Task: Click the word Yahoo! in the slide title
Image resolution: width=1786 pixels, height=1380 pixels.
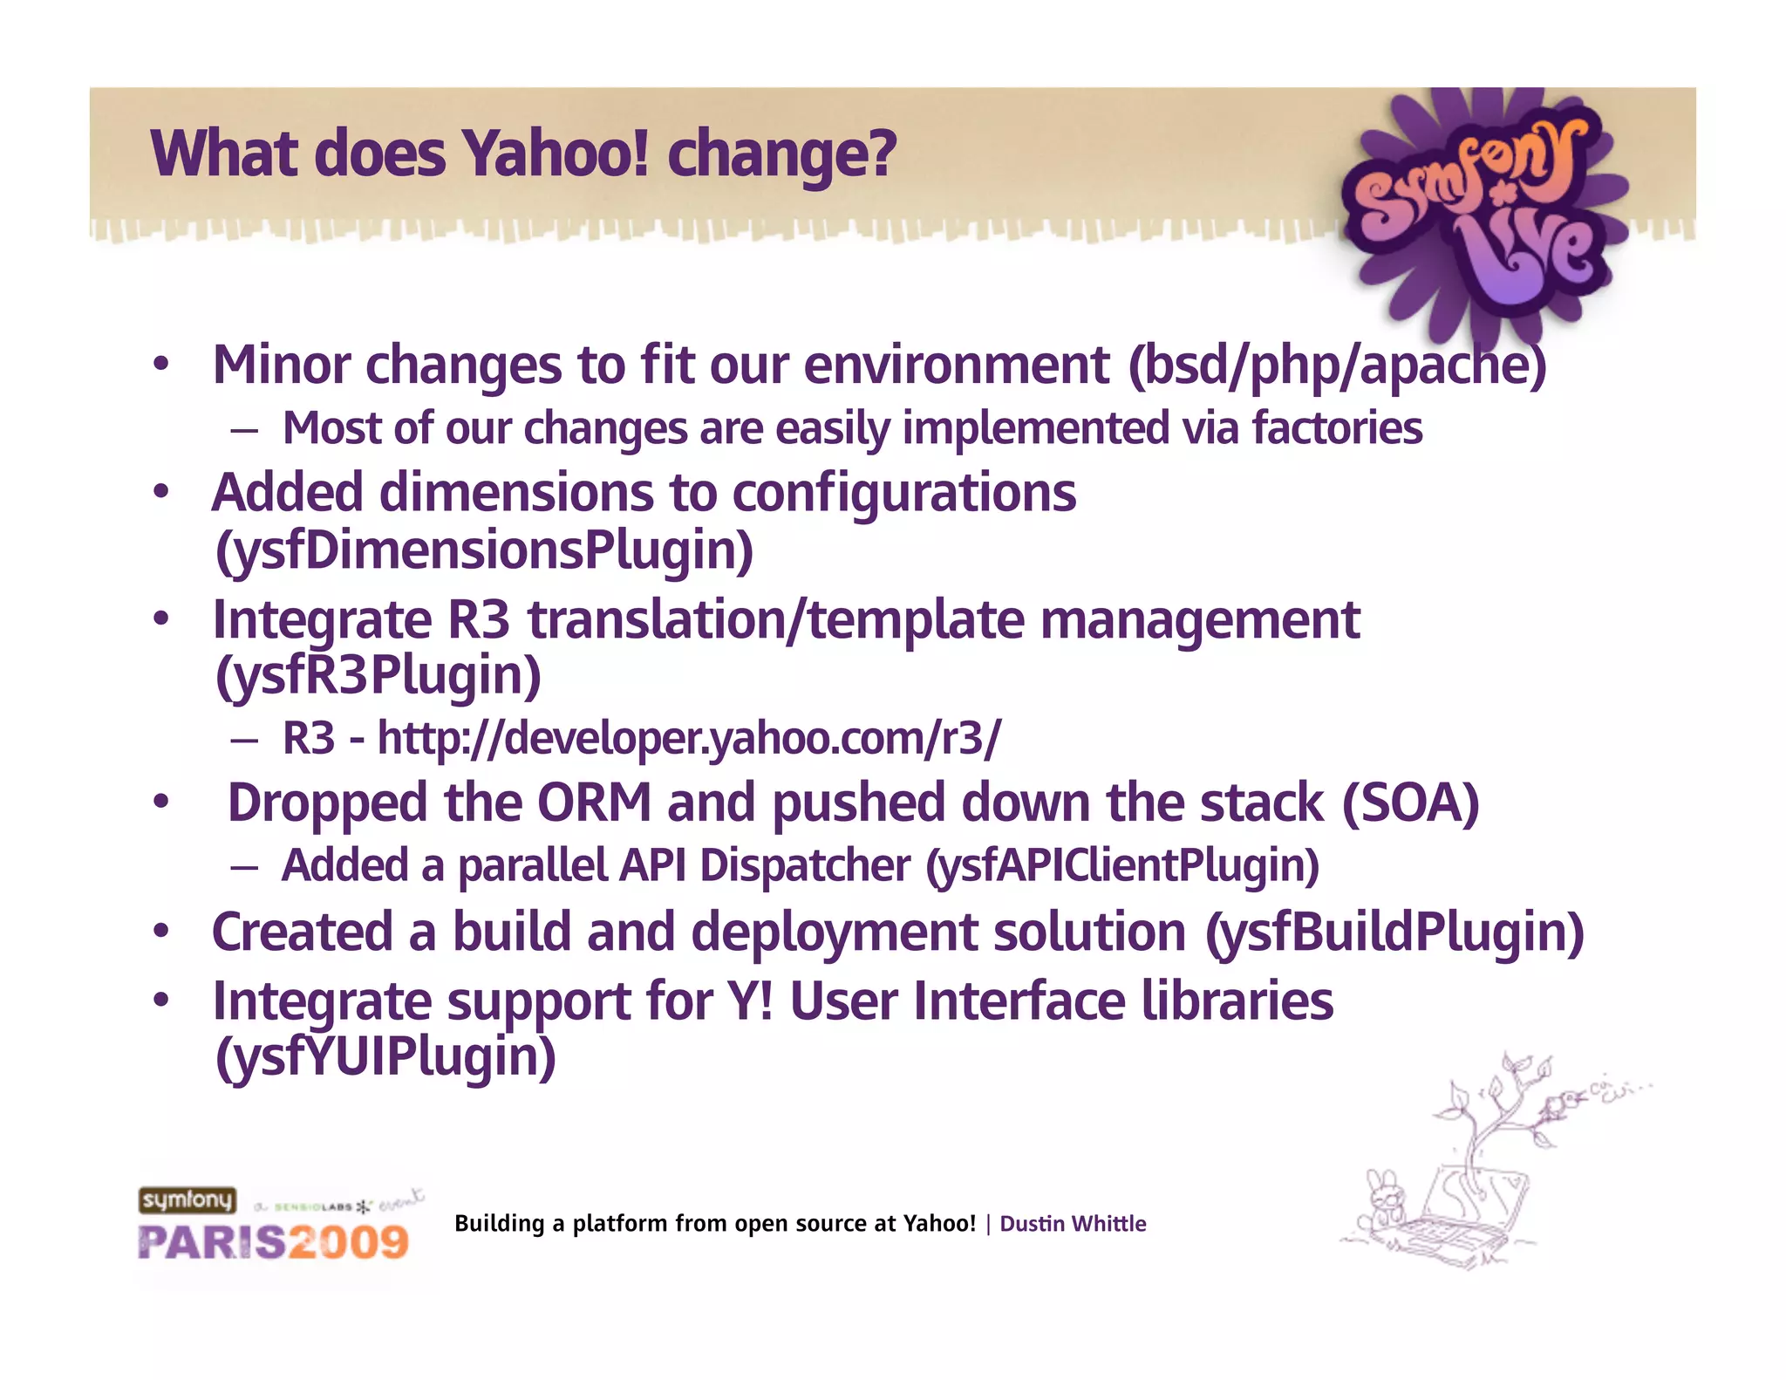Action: (556, 154)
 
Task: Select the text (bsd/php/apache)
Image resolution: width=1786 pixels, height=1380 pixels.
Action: (1336, 365)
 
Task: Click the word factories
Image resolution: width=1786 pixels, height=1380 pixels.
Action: (1337, 428)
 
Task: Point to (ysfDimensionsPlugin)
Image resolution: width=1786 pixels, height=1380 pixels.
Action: (484, 551)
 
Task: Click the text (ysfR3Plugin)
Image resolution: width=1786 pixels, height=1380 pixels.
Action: (378, 676)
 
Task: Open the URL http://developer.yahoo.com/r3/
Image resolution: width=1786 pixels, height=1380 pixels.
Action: (689, 739)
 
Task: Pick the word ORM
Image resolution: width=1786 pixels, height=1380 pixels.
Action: (594, 803)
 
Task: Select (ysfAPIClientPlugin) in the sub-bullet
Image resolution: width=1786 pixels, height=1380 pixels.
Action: (1121, 866)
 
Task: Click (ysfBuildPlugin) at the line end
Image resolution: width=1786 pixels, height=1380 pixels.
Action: (1394, 933)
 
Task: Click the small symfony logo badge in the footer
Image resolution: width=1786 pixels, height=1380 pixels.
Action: (187, 1200)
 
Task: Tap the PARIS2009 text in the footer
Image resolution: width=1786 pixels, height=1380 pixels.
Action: (273, 1242)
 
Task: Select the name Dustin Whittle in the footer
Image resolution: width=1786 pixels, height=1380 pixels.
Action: (1072, 1224)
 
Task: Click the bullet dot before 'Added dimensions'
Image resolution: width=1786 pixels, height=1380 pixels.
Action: (160, 493)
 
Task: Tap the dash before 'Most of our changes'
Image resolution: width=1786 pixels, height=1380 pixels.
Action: (244, 430)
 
